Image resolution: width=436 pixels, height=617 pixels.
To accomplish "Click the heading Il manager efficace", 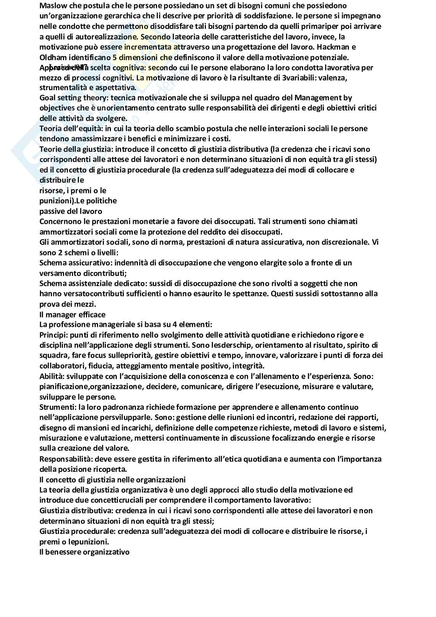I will pyautogui.click(x=72, y=314).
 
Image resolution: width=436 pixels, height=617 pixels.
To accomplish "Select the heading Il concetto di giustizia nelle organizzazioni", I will pyautogui.click(x=113, y=480).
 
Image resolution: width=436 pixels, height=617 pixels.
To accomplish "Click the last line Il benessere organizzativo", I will pyautogui.click(x=84, y=552).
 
